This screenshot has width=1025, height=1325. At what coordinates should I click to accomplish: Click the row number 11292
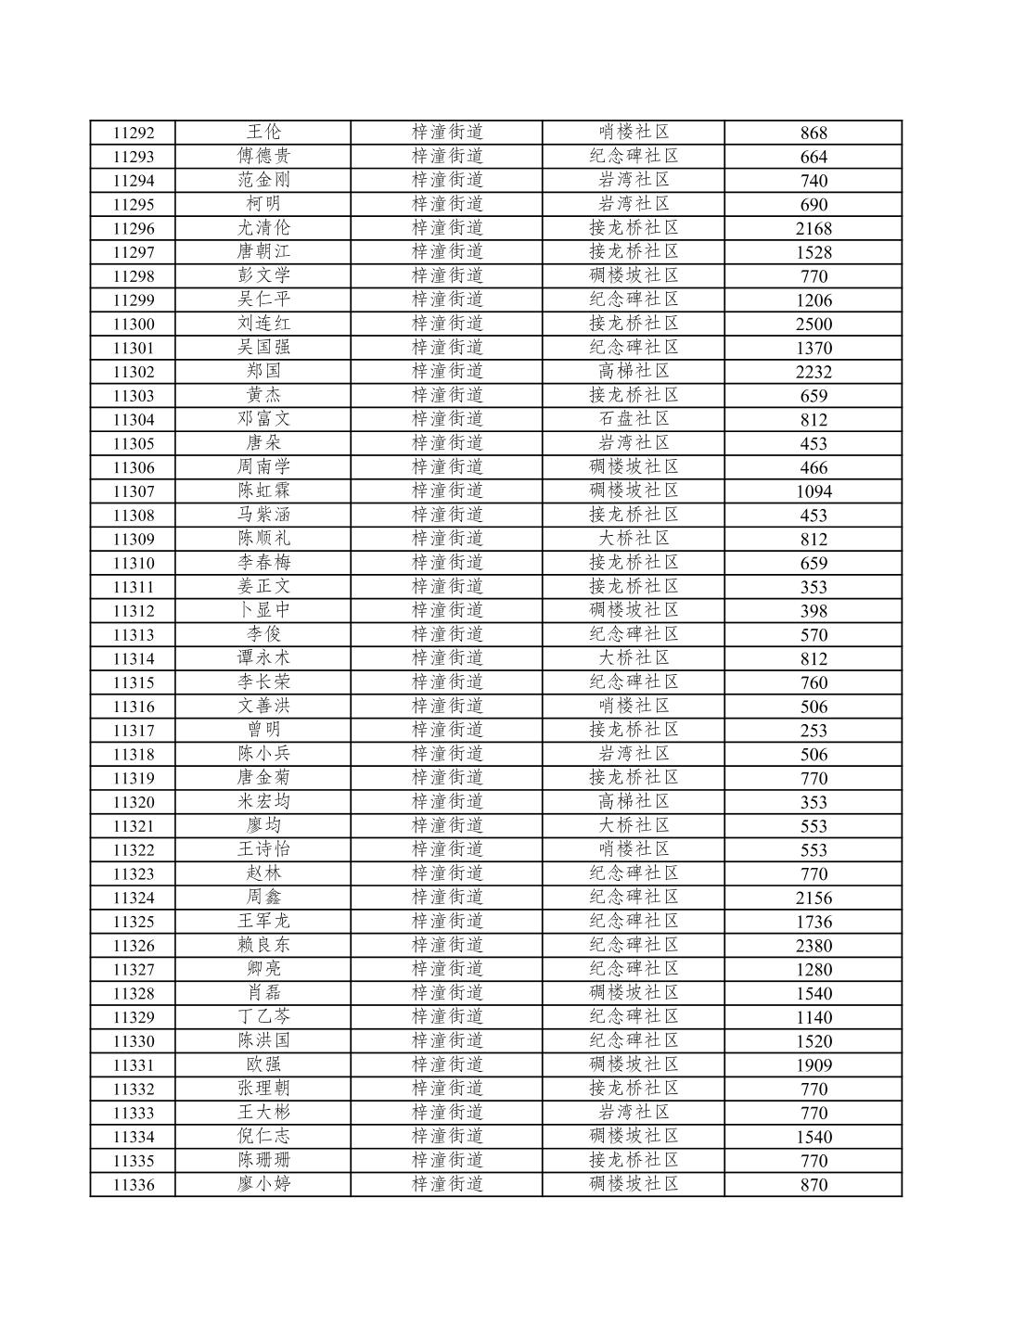133,133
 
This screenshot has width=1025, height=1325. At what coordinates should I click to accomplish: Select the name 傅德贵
263,156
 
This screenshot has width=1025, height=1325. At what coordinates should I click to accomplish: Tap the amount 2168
814,228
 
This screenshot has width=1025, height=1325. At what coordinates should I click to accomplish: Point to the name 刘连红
263,323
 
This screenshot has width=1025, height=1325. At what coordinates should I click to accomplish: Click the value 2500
814,324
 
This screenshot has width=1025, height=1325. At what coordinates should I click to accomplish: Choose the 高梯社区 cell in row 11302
634,371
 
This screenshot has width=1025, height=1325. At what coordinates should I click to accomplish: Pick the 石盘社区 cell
634,419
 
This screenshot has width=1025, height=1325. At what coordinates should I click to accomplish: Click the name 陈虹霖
263,491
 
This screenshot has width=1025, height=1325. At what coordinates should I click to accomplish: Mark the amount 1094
814,491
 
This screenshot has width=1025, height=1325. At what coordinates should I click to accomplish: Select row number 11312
133,611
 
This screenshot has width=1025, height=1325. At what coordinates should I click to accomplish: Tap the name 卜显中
263,610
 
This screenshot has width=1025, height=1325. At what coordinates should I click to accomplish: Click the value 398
814,611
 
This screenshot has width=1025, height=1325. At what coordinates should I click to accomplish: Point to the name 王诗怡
263,849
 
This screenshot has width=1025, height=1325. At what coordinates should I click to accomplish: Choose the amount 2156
814,898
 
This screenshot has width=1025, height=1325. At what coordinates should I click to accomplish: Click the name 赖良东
263,945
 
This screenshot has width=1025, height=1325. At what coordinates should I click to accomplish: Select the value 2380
814,946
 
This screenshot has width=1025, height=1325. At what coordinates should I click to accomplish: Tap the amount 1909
814,1065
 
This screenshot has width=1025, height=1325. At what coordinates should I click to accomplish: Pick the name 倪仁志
263,1136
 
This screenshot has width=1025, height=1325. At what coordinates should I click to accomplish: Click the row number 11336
133,1185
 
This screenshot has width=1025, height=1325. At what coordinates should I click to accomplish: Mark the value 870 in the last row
814,1185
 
